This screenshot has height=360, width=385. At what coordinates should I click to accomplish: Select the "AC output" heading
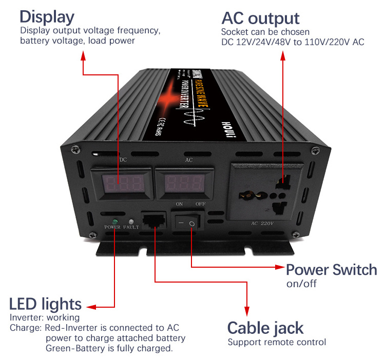click(x=260, y=18)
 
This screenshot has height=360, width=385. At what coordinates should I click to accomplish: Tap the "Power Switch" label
click(x=331, y=270)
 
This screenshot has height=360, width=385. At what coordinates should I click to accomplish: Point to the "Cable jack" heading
click(x=265, y=328)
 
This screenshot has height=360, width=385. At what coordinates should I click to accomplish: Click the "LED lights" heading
click(x=45, y=303)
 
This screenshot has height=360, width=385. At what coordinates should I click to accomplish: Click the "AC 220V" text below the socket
click(x=263, y=224)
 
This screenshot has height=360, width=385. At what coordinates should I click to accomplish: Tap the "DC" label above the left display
click(x=123, y=159)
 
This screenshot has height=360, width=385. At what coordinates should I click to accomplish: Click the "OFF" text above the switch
click(x=200, y=204)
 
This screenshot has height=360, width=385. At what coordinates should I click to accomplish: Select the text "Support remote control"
click(x=277, y=342)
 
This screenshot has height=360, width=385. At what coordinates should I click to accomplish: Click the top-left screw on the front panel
click(x=75, y=149)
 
